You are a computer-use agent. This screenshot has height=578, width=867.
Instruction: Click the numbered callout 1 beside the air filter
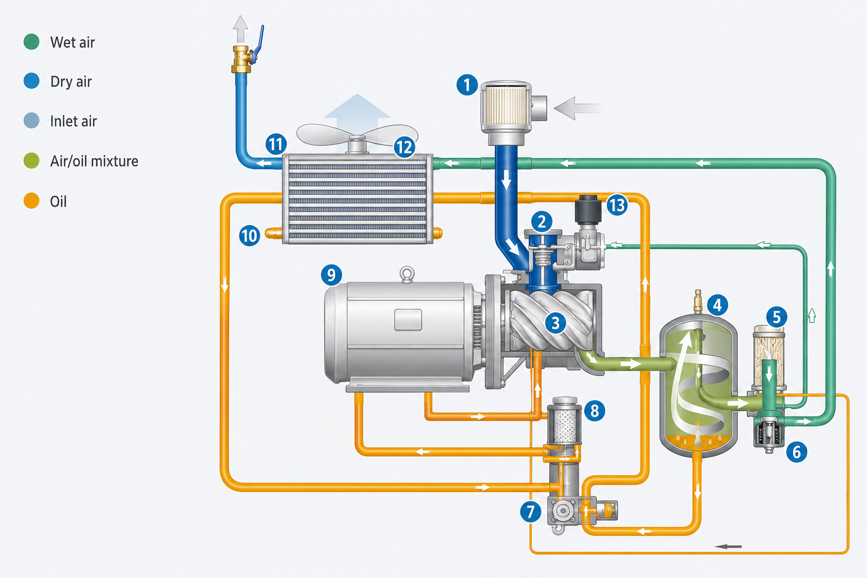(467, 85)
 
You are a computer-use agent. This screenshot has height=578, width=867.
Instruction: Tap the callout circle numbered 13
(617, 205)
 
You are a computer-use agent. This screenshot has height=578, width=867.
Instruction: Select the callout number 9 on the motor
(331, 275)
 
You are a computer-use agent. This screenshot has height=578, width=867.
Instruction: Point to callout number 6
(796, 452)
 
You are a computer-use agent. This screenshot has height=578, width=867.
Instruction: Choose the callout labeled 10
(249, 235)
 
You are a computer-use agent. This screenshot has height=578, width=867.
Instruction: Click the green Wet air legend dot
(32, 42)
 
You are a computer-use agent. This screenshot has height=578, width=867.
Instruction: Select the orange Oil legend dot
(32, 201)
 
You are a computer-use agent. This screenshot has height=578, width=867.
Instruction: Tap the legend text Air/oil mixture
(94, 161)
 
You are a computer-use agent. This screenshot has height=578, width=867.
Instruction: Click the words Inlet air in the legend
(73, 121)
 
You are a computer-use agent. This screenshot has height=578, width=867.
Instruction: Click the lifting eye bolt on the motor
(407, 274)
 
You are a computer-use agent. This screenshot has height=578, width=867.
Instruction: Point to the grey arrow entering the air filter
(578, 108)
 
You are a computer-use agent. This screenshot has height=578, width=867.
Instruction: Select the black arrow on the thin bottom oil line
(728, 546)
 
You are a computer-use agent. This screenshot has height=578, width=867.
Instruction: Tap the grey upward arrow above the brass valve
(240, 29)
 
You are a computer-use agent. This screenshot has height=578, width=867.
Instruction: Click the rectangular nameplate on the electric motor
(408, 319)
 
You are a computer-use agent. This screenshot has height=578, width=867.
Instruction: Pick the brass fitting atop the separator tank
(698, 301)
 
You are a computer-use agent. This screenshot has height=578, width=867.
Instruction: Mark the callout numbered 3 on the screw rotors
(555, 322)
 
